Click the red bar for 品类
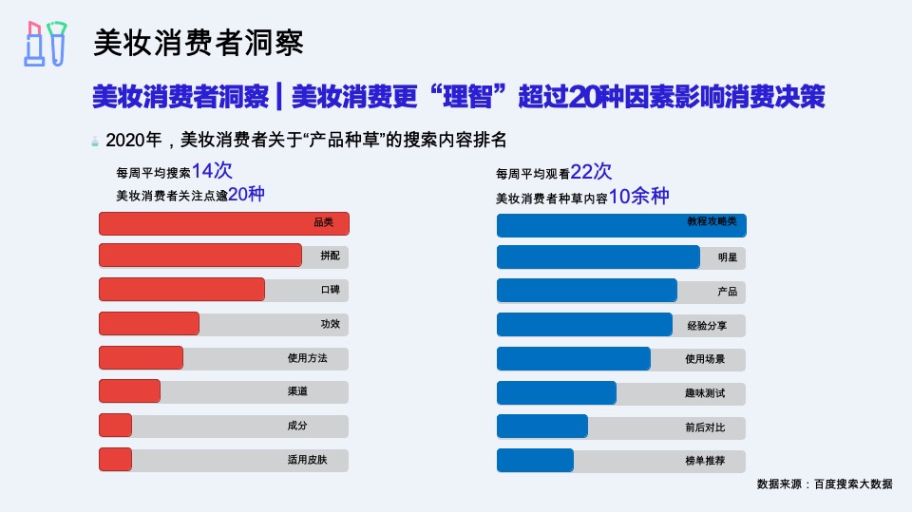(224, 223)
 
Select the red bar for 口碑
(181, 290)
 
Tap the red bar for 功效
(149, 324)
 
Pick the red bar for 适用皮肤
(115, 460)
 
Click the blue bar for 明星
(598, 257)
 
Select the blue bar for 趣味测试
(556, 392)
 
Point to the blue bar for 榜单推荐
(535, 461)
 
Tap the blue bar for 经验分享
(584, 325)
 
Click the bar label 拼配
(330, 256)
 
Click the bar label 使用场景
(705, 359)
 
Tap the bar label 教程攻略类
(712, 221)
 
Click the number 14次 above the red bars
(212, 171)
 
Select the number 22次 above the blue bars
(591, 172)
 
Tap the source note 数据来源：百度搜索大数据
(825, 484)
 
